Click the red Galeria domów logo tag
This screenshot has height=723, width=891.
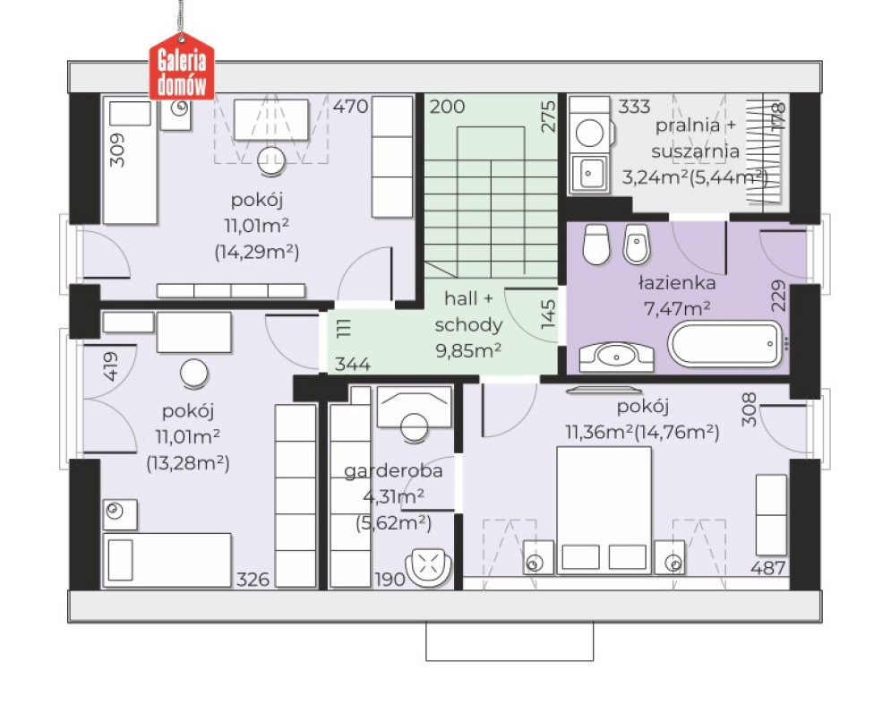pos(182,67)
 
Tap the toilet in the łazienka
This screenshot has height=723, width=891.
pos(596,245)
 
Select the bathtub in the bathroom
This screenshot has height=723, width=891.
pos(726,344)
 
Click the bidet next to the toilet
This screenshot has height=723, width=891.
pos(637,245)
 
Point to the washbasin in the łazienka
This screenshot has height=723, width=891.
pos(617,357)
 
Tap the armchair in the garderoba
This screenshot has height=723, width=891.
pos(428,566)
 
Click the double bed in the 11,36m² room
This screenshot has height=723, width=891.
pos(604,510)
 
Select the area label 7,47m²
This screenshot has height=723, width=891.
pos(677,308)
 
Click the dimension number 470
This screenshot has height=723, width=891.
pos(350,107)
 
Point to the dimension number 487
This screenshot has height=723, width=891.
pos(767,568)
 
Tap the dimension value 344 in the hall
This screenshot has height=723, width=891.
pos(352,364)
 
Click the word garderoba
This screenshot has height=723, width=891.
pos(393,471)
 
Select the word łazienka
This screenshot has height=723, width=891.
pos(676,282)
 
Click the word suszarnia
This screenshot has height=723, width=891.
pos(696,151)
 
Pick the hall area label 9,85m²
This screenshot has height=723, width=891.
pos(468,350)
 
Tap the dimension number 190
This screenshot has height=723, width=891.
pos(390,579)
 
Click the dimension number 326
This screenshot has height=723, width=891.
pos(253,579)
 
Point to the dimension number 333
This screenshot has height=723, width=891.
pos(634,107)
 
